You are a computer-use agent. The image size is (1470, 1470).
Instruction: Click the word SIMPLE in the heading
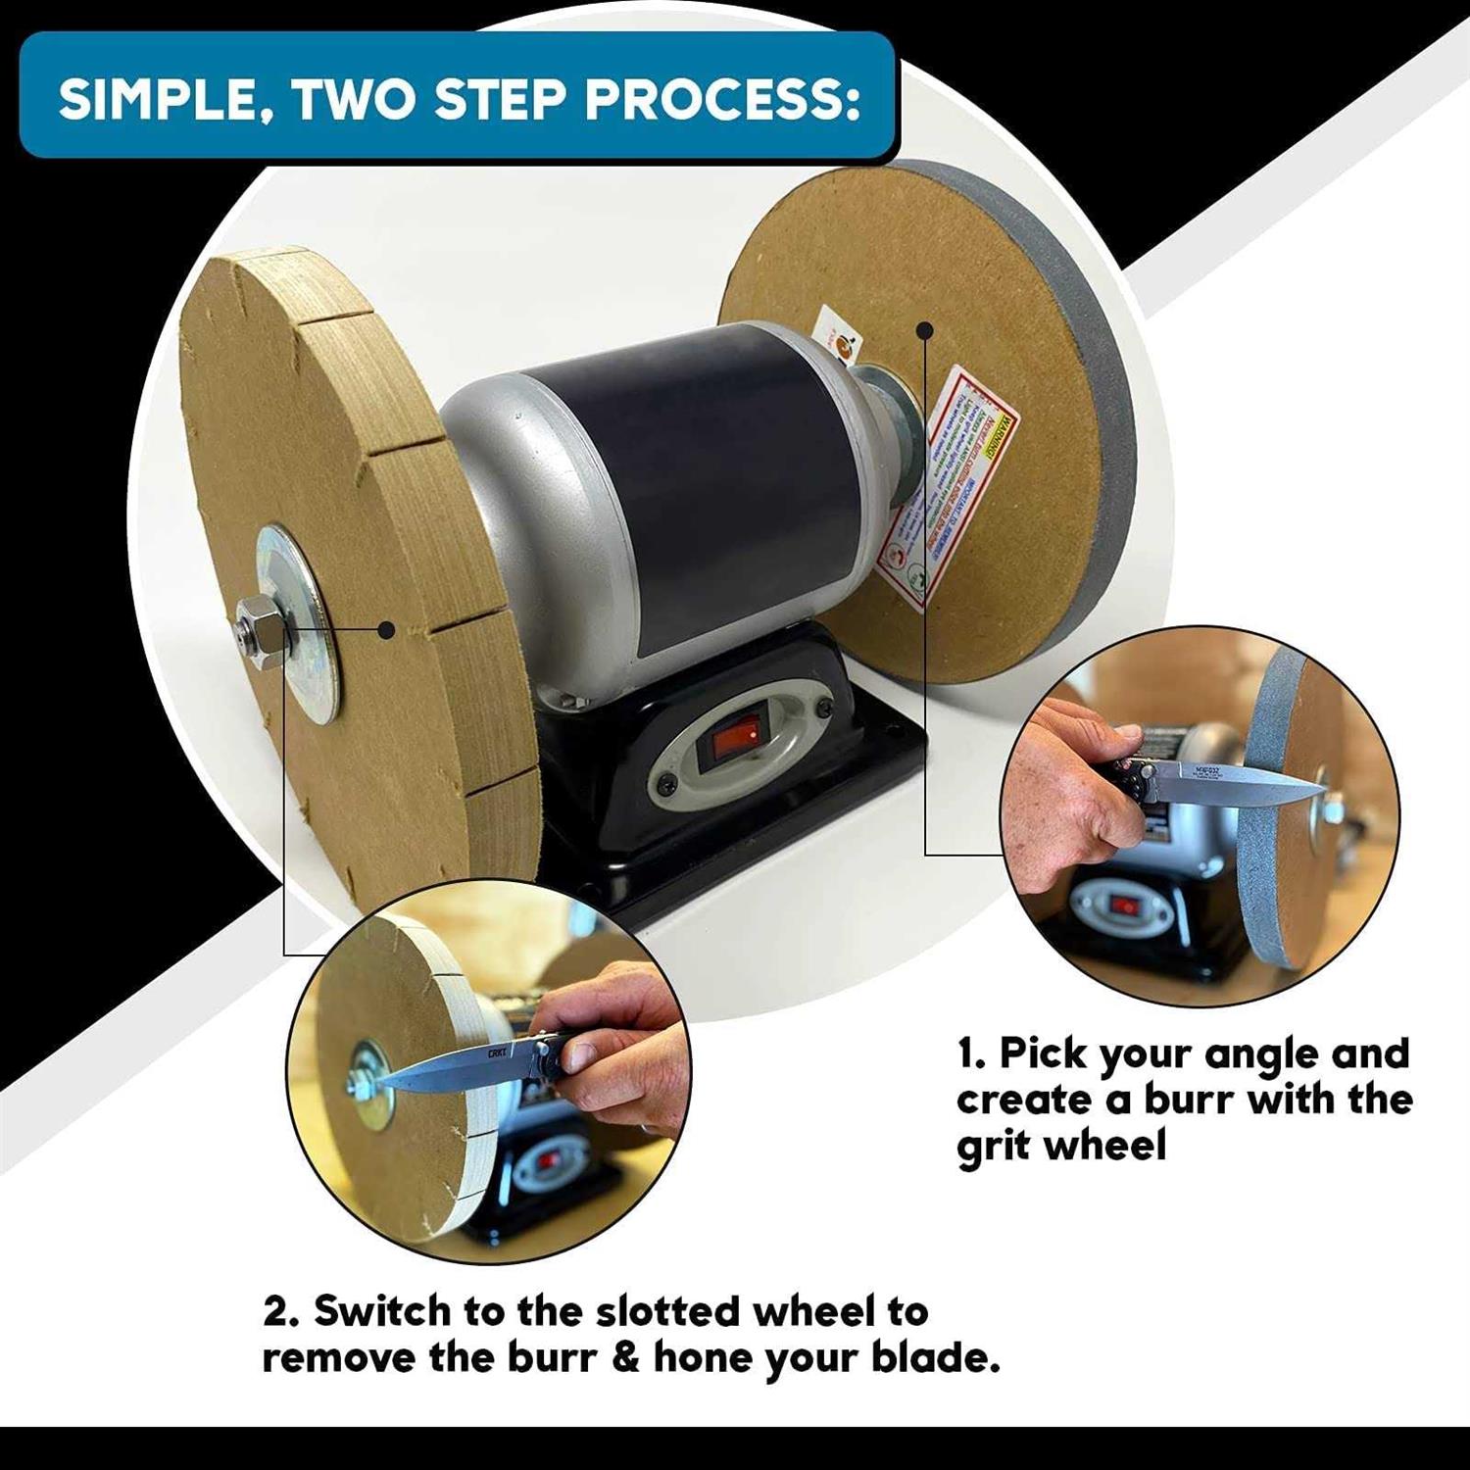(x=164, y=99)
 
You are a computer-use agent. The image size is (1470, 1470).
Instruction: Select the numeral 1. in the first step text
(x=972, y=1054)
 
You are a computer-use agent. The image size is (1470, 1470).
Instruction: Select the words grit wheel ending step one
(x=1060, y=1145)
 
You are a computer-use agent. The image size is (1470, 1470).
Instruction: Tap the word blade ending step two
(x=936, y=1359)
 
